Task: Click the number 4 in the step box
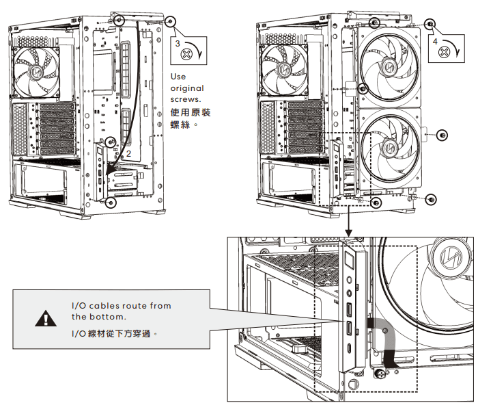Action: [x=436, y=42]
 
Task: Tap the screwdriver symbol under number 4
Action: [x=444, y=51]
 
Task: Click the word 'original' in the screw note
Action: [x=187, y=88]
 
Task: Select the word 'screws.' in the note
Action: [x=186, y=100]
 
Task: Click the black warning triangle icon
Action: [x=45, y=318]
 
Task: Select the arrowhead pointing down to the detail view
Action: [x=349, y=229]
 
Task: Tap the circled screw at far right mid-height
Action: [x=442, y=135]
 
